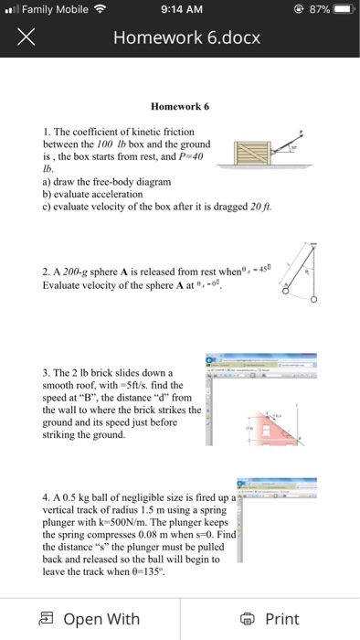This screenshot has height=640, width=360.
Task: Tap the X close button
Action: click(26, 37)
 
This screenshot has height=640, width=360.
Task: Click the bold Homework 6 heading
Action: click(180, 106)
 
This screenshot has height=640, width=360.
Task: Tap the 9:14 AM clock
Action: click(179, 11)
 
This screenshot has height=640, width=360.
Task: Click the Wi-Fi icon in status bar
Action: click(98, 11)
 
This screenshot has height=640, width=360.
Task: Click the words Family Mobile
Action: click(53, 11)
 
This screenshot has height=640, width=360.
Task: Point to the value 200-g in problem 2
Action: click(71, 272)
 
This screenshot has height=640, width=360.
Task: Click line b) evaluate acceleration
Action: click(93, 194)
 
